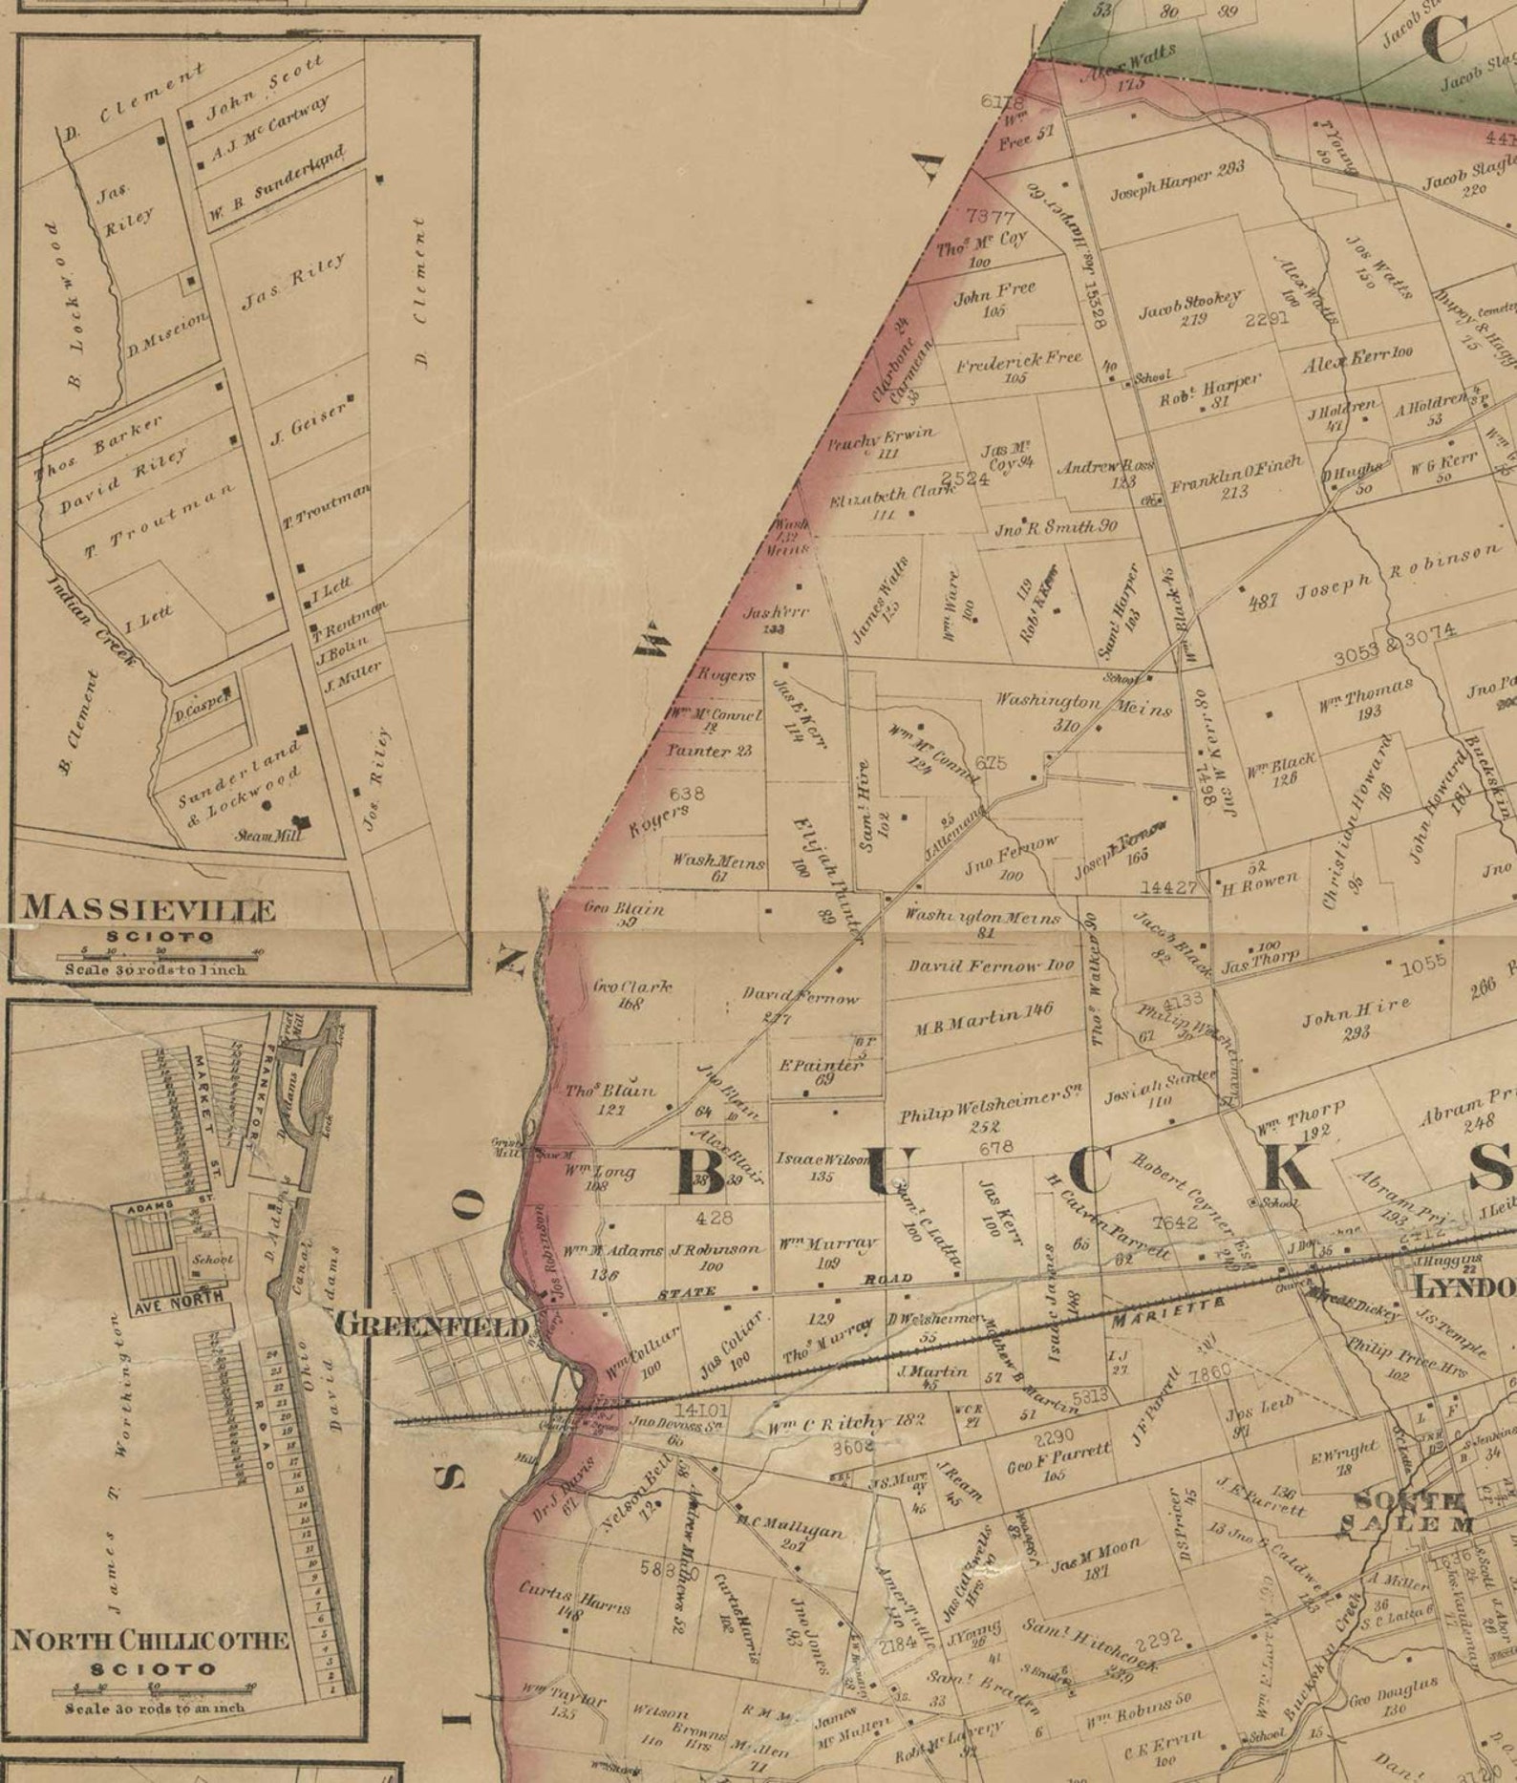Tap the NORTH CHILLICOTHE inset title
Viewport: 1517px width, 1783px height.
(150, 1641)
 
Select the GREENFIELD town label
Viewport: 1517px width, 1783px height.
(431, 1325)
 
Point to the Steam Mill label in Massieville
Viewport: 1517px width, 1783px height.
(269, 836)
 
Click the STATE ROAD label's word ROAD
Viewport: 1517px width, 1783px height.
(888, 1279)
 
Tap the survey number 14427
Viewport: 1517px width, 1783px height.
(1168, 887)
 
